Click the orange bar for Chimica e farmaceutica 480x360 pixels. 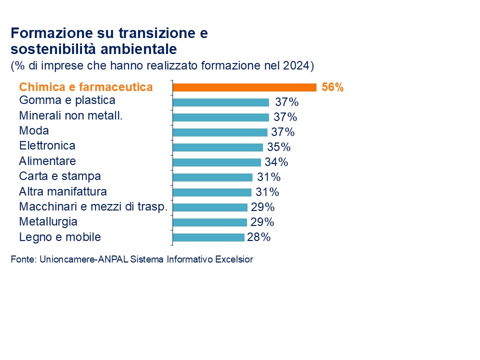click(244, 87)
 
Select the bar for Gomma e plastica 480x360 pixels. click(221, 102)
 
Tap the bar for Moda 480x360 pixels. click(220, 132)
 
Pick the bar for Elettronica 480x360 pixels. click(218, 147)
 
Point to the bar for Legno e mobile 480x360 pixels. click(208, 237)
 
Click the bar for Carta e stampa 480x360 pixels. click(212, 177)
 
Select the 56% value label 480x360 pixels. click(332, 87)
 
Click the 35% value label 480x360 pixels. click(278, 147)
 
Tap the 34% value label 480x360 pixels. click(276, 162)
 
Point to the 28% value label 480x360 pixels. click(259, 237)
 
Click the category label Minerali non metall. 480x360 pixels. click(71, 115)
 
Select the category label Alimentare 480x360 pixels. click(47, 161)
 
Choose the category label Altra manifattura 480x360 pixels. click(63, 191)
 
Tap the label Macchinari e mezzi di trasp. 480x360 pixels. click(93, 206)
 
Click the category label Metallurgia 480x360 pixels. click(48, 221)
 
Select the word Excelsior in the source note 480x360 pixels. click(234, 259)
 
